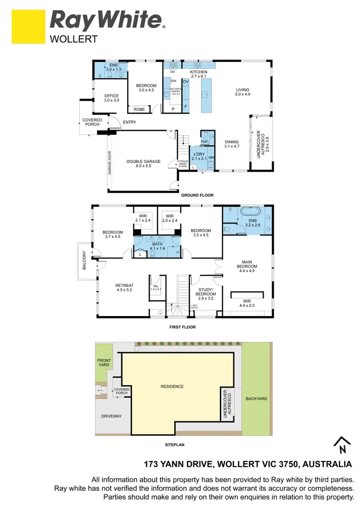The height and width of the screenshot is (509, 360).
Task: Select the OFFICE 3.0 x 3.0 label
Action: coord(111,98)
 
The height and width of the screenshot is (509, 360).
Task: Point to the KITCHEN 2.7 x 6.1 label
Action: coord(198,73)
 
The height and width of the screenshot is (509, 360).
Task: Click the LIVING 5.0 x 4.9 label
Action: coord(243,92)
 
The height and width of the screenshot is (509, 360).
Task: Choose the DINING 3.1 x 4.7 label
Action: coord(232,144)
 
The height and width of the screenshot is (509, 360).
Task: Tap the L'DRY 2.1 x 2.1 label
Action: coord(199,156)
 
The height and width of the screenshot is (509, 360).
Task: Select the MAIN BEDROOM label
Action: coord(247,266)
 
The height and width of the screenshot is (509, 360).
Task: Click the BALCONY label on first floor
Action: coord(84,260)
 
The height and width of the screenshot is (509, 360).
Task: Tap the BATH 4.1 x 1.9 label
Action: coord(157,246)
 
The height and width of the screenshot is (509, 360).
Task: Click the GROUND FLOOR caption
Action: coord(197,195)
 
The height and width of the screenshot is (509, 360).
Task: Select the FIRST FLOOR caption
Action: coord(182,327)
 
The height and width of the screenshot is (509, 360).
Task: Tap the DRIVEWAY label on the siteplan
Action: coord(111,416)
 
